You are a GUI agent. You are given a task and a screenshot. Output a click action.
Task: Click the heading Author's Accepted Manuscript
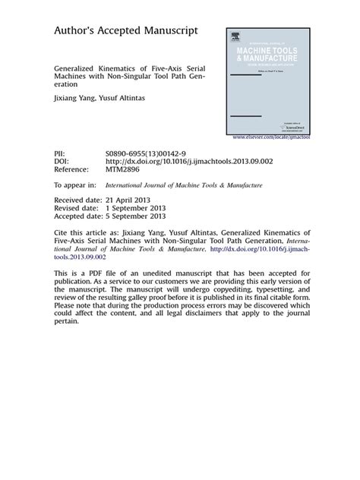pos(125,30)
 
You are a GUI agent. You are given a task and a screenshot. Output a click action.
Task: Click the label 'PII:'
pos(60,153)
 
